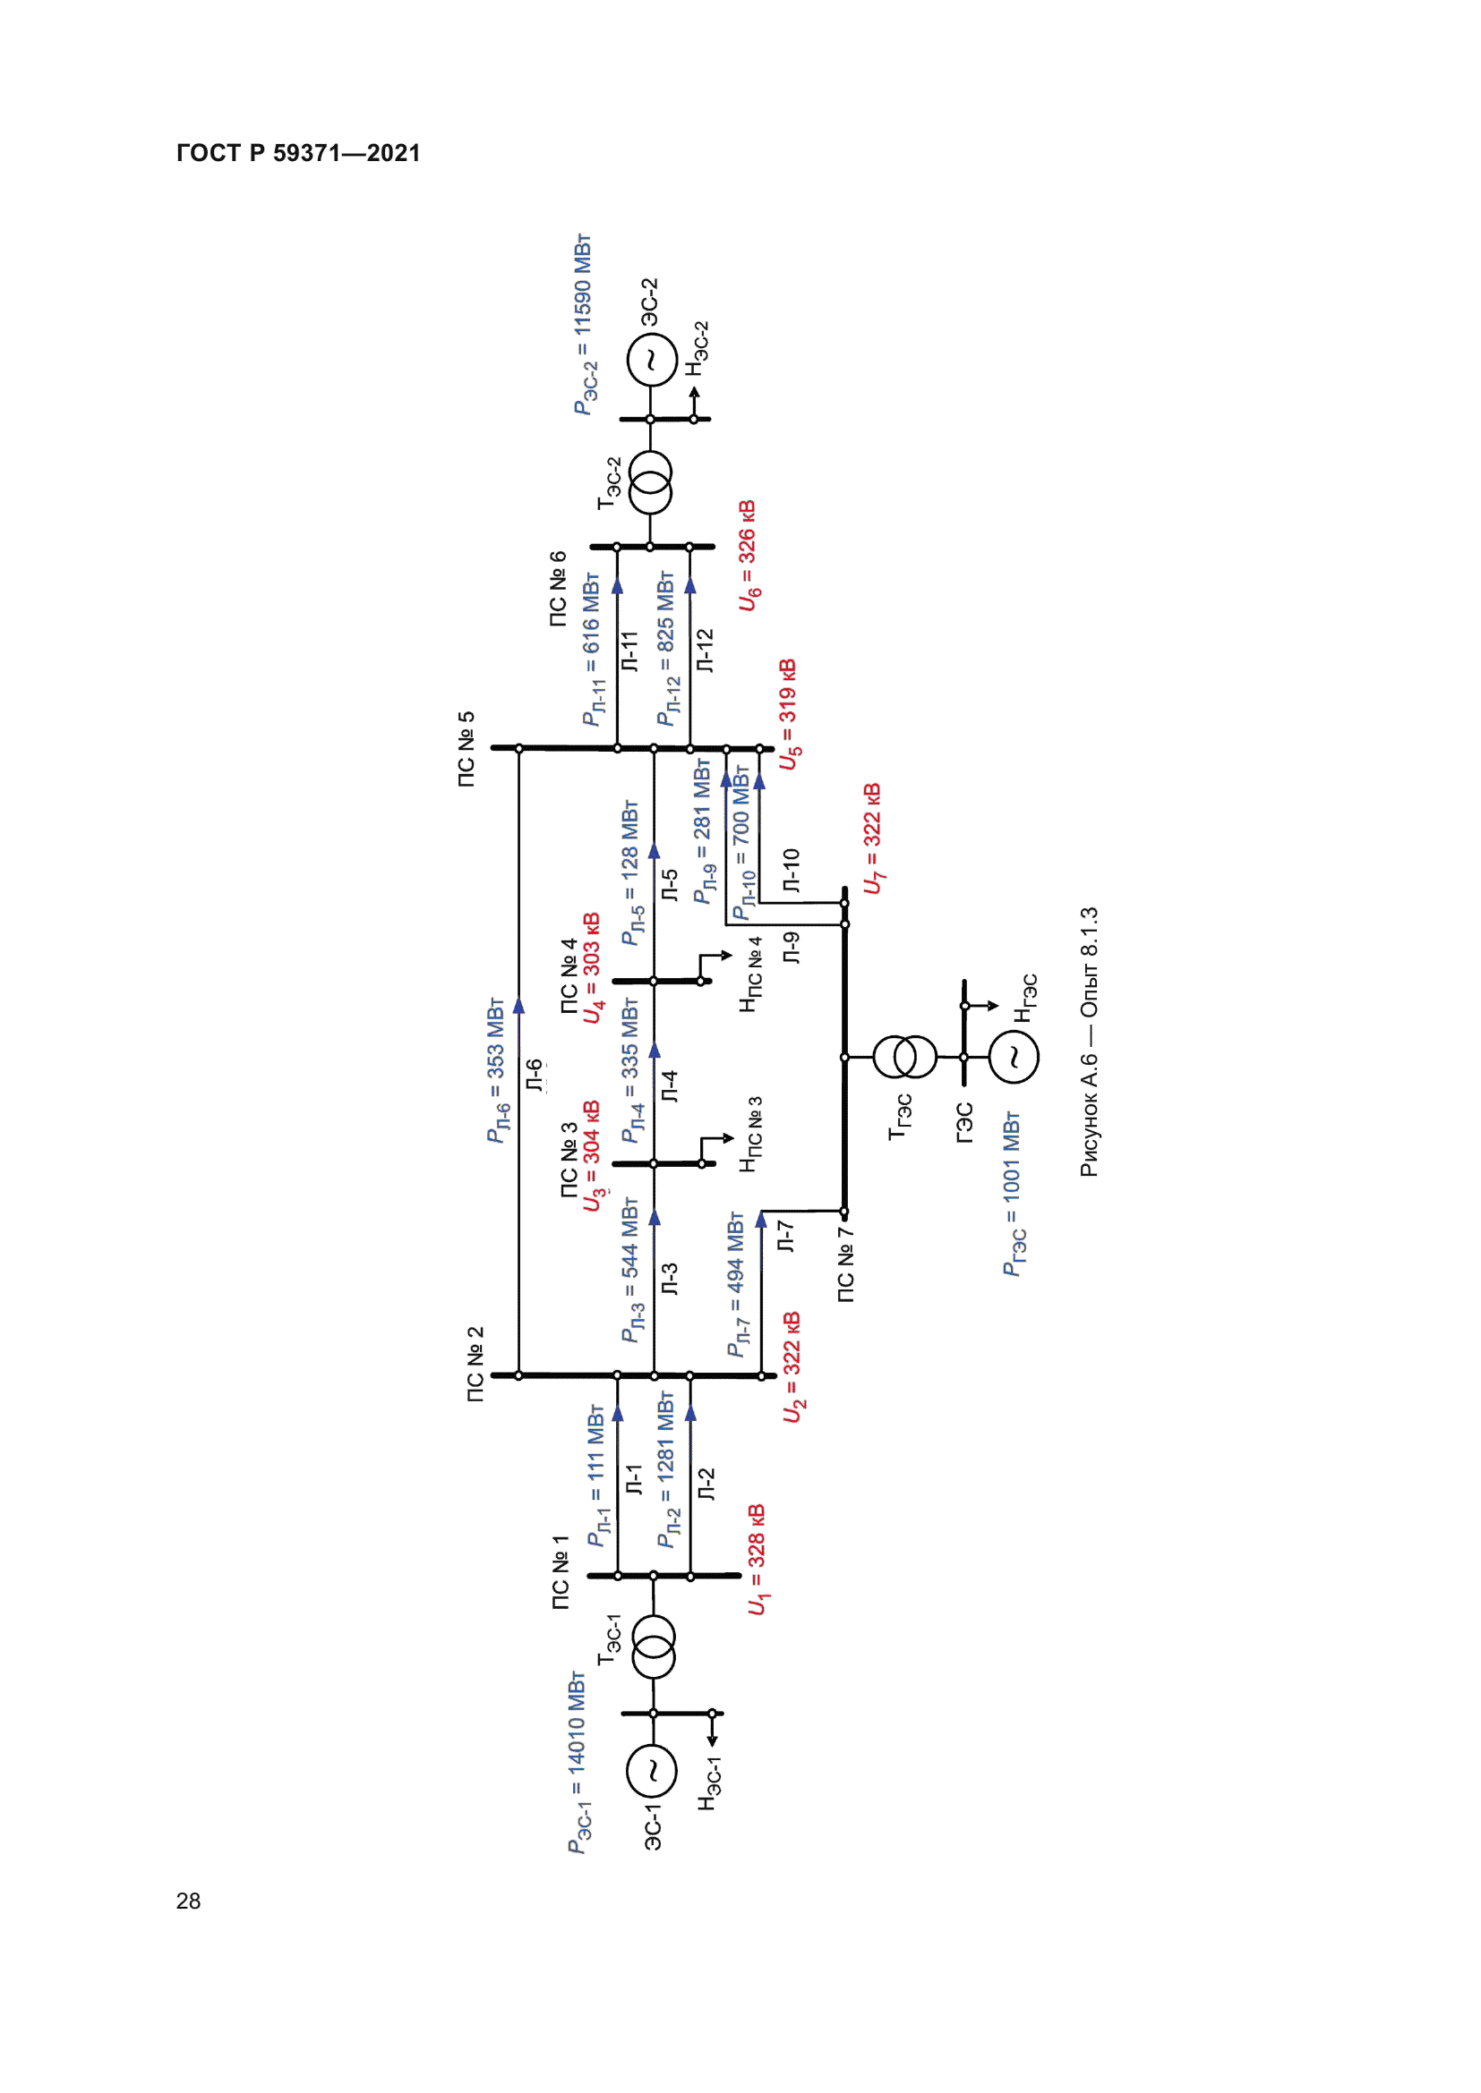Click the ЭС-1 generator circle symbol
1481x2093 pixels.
point(652,1770)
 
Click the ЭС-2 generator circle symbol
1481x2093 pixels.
point(651,359)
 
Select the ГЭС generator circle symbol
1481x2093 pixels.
point(1014,1058)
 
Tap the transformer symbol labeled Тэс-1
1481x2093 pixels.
point(653,1646)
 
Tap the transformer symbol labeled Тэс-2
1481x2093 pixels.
point(650,483)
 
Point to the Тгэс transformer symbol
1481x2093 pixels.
point(904,1058)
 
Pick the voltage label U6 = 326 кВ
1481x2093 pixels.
point(748,555)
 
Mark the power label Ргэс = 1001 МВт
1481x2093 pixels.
point(1014,1194)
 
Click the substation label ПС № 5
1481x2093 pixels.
point(466,749)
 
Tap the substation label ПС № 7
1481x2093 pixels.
point(845,1264)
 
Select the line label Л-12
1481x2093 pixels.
point(704,651)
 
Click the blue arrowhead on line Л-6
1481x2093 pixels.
point(519,1006)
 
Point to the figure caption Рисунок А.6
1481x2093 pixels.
point(1090,1042)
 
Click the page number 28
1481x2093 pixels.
point(189,1901)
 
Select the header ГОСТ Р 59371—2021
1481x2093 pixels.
point(298,153)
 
